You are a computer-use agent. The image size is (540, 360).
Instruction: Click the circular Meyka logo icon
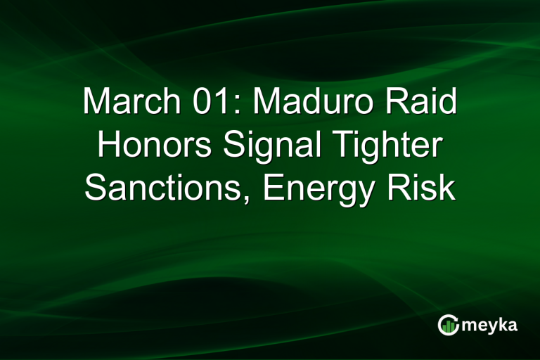(x=448, y=324)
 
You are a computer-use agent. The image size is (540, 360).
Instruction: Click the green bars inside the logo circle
(x=449, y=326)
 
